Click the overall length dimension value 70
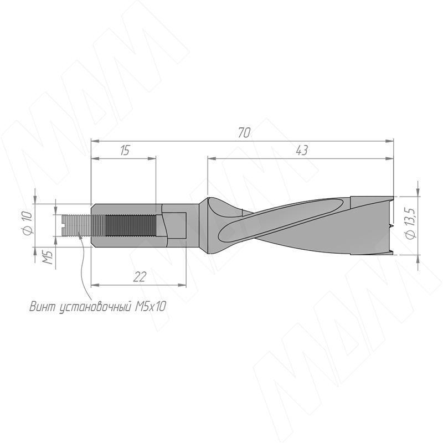[244, 132]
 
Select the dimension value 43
[301, 151]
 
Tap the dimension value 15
[124, 151]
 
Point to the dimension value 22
[140, 277]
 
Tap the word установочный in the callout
[95, 307]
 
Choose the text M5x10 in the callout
[150, 307]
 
